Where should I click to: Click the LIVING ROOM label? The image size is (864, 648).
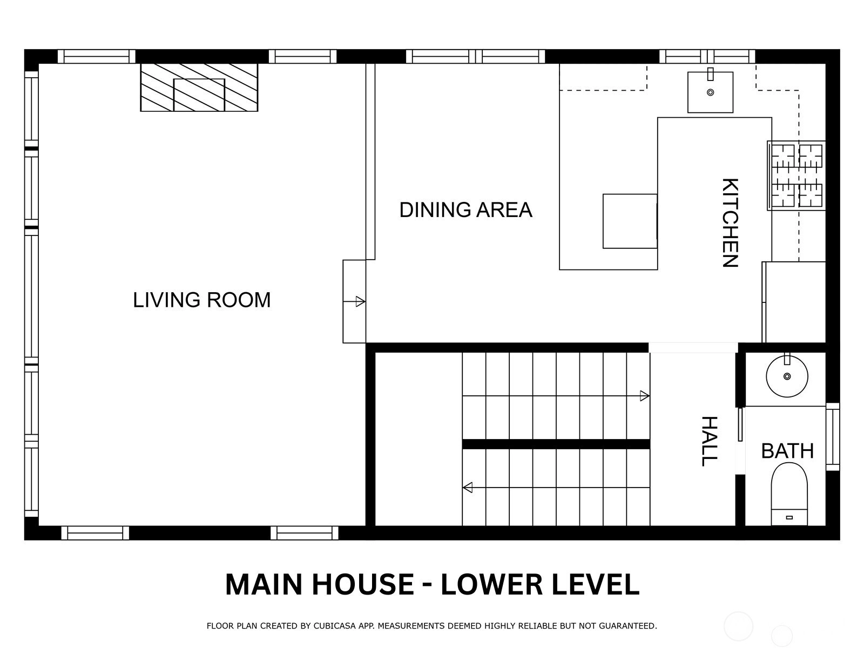click(201, 300)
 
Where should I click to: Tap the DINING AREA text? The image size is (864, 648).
click(465, 210)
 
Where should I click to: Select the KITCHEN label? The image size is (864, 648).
click(730, 222)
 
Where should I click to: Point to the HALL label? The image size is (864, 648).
click(710, 441)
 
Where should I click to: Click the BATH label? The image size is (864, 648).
click(787, 451)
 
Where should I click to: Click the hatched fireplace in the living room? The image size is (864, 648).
click(199, 87)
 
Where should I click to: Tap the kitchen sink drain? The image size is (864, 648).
click(711, 92)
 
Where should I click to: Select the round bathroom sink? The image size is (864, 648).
click(787, 376)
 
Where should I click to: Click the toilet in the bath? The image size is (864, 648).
click(789, 494)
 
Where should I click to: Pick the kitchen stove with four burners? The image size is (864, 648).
click(796, 175)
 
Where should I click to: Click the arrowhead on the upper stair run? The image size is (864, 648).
click(644, 396)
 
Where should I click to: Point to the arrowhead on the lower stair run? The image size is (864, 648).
click(468, 488)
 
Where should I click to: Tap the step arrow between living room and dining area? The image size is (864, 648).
click(354, 302)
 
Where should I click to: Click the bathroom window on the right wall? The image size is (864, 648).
click(833, 437)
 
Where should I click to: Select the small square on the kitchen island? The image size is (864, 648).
click(630, 221)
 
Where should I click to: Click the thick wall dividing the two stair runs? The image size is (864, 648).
click(556, 444)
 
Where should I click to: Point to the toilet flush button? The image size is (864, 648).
click(789, 518)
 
